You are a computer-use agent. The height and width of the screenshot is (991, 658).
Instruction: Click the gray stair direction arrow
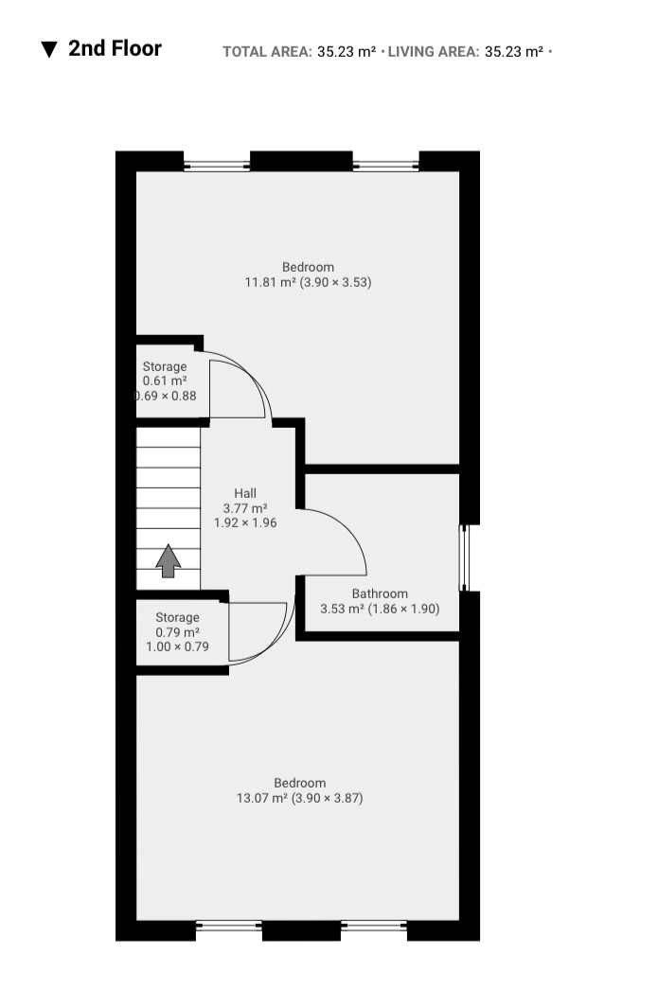pyautogui.click(x=169, y=560)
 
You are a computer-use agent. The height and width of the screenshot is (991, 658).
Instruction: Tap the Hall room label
pyautogui.click(x=245, y=493)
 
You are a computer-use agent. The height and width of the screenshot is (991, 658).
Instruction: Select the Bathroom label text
pyautogui.click(x=380, y=593)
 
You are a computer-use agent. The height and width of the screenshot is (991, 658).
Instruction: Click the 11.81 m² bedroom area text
pyautogui.click(x=271, y=282)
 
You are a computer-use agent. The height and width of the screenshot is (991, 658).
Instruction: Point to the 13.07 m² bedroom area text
pyautogui.click(x=262, y=798)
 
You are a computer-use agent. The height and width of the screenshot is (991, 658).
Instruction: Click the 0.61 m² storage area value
pyautogui.click(x=165, y=381)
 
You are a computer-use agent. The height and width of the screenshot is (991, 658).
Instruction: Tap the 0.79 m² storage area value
pyautogui.click(x=178, y=632)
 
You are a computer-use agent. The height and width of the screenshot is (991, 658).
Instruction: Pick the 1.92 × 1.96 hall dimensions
pyautogui.click(x=245, y=522)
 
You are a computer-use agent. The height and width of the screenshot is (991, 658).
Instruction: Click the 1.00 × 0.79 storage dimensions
pyautogui.click(x=178, y=646)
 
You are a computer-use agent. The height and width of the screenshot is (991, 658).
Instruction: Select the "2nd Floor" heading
pyautogui.click(x=116, y=48)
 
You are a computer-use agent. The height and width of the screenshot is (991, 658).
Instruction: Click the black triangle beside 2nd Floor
pyautogui.click(x=49, y=49)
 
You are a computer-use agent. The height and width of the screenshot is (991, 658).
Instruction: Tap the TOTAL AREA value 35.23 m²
pyautogui.click(x=347, y=52)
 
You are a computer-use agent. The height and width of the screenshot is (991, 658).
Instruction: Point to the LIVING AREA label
pyautogui.click(x=434, y=52)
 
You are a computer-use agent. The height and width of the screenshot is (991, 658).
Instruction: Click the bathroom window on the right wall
pyautogui.click(x=465, y=558)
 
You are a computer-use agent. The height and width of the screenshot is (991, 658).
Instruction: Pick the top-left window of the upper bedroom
pyautogui.click(x=217, y=167)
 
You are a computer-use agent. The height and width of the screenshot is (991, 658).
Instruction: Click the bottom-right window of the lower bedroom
pyautogui.click(x=374, y=927)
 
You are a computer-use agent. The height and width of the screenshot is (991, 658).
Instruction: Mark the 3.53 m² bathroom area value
pyautogui.click(x=342, y=609)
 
